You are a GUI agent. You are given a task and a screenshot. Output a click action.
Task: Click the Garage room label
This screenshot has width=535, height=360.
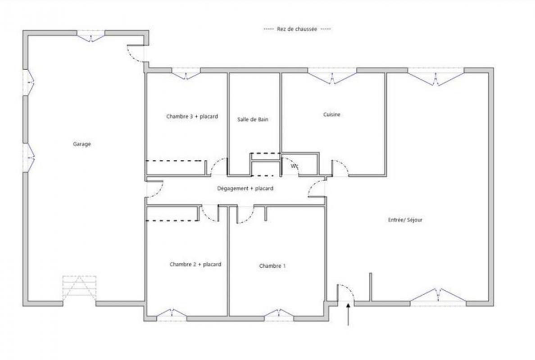point(82,144)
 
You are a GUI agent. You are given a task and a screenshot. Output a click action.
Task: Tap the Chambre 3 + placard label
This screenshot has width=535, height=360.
point(192,117)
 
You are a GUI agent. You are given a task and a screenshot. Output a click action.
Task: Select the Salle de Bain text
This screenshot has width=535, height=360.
point(253,119)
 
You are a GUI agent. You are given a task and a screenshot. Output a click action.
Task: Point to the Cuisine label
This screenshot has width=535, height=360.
point(331,115)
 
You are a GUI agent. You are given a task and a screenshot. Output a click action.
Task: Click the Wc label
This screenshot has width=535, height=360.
point(295,166)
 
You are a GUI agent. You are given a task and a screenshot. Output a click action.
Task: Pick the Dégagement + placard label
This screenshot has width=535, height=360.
point(245,188)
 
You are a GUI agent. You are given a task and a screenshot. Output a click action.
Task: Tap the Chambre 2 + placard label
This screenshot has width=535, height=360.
point(195,264)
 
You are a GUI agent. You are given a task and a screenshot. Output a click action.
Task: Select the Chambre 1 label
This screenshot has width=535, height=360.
point(272,266)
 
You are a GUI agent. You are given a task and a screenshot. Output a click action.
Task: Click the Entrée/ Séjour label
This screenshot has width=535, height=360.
point(405,220)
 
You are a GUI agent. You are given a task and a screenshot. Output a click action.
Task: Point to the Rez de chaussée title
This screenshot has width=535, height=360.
point(297,29)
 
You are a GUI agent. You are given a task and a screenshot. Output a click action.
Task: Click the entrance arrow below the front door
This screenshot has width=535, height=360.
point(348,315)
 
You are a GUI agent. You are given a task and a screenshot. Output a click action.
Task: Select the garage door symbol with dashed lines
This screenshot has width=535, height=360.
point(80,288)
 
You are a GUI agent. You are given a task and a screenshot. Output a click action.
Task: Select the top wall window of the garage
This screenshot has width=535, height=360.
point(91,36)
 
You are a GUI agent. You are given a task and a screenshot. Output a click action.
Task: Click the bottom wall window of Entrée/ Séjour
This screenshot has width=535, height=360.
point(438,296)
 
